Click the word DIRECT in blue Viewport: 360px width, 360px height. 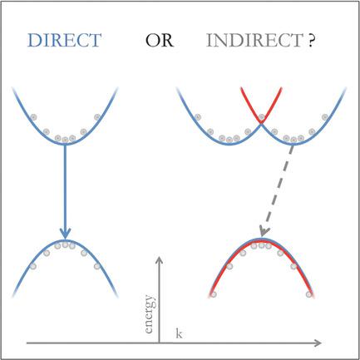click(64, 40)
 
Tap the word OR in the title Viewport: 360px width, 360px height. click(160, 40)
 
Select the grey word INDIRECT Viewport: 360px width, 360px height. click(254, 40)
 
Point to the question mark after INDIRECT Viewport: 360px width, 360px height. click(311, 40)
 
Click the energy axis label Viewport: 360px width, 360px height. click(149, 314)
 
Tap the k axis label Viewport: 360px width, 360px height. click(179, 333)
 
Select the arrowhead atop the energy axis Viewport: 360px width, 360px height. click(159, 259)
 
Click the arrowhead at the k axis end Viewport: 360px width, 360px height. click(318, 343)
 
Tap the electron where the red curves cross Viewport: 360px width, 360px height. click(261, 117)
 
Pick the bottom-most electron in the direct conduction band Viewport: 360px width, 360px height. click(65, 140)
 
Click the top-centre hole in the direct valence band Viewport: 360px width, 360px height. click(65, 244)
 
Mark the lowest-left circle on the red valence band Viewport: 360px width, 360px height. click(213, 294)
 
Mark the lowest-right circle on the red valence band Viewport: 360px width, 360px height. click(309, 294)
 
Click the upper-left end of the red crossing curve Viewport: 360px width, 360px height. click(241, 88)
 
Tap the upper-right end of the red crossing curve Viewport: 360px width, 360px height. click(281, 88)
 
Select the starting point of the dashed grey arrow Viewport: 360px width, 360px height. click(293, 145)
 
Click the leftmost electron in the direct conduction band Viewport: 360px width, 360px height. click(33, 117)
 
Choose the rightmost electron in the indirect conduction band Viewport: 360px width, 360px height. click(325, 117)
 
